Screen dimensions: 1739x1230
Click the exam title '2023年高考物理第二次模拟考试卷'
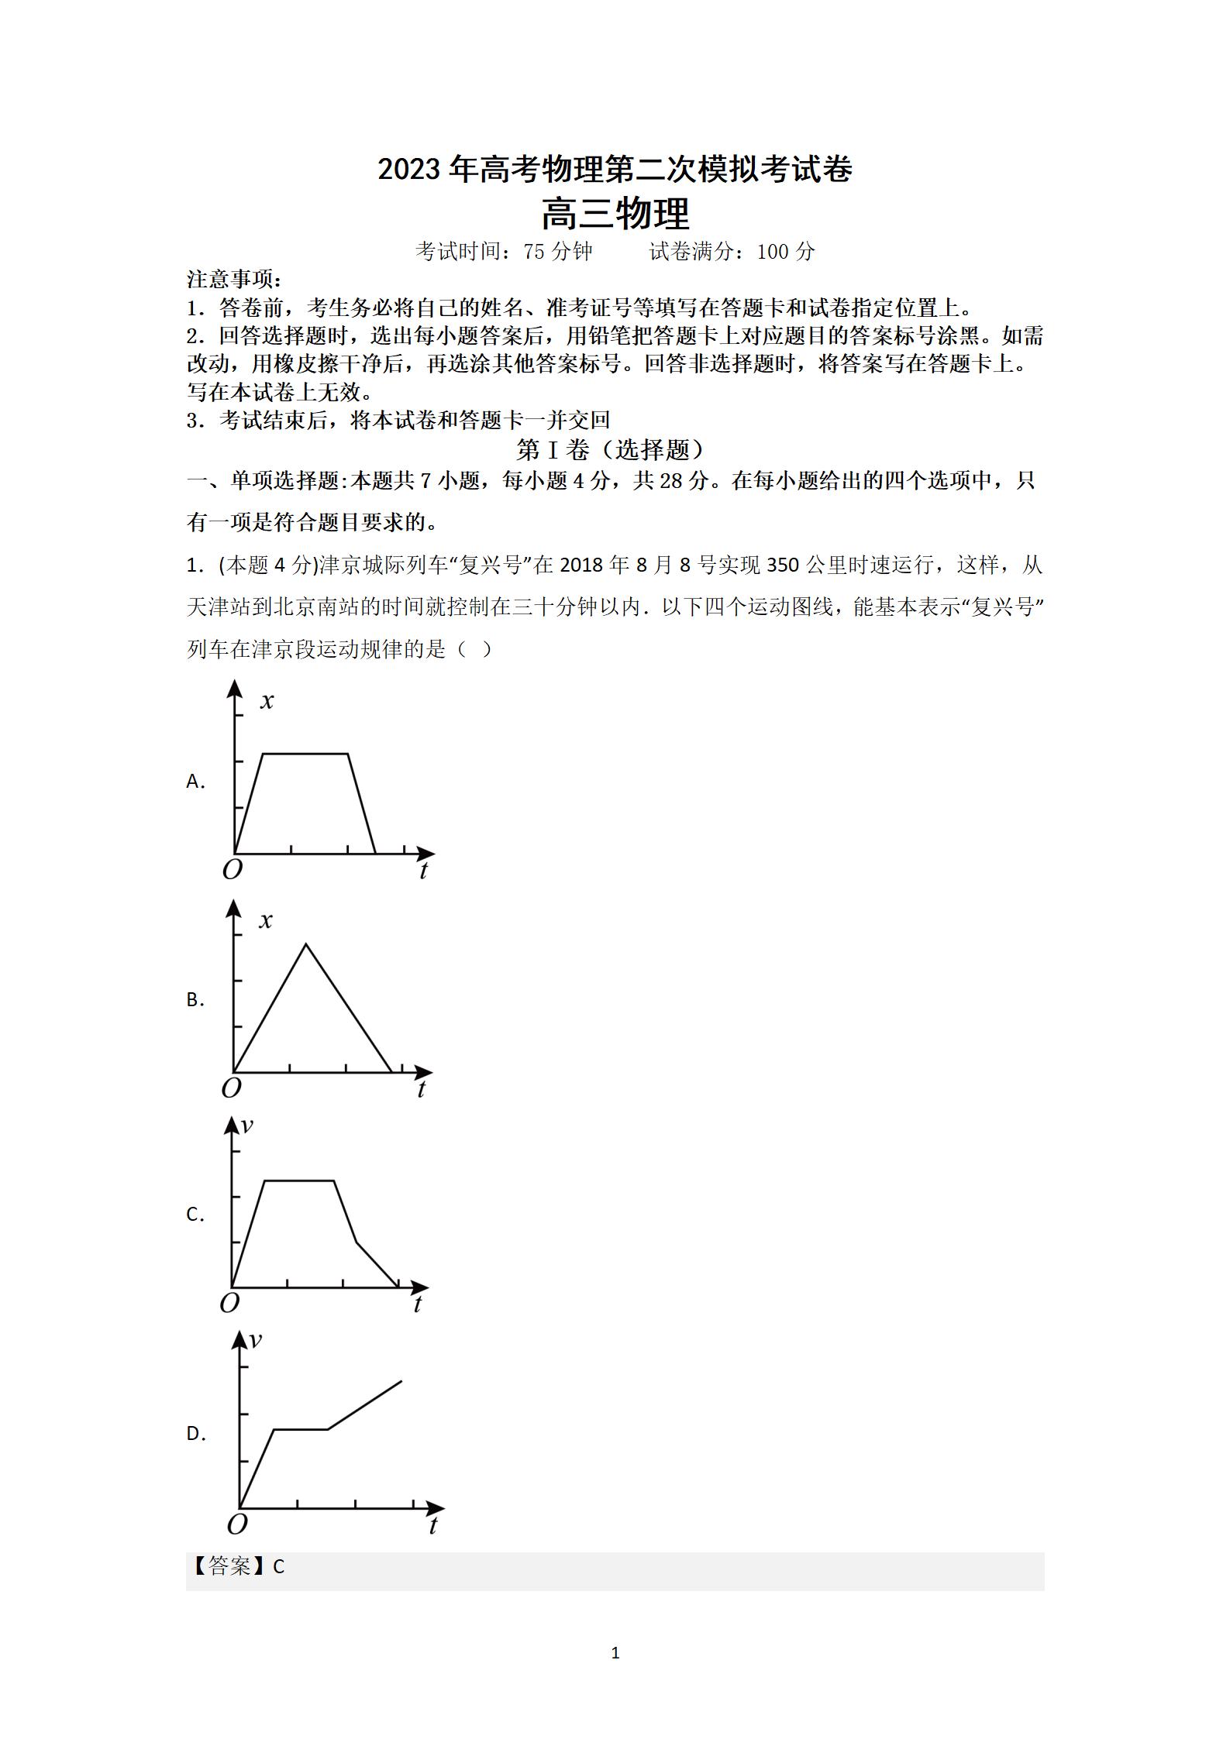[x=615, y=170]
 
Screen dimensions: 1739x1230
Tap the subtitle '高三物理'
[x=615, y=215]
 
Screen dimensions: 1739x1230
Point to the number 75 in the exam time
[x=534, y=252]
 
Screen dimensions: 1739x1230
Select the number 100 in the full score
[x=772, y=252]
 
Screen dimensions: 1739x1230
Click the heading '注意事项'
[x=234, y=279]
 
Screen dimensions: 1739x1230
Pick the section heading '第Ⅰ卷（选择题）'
[x=612, y=450]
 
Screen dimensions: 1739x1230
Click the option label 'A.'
[x=195, y=782]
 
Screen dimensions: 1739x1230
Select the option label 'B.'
[x=195, y=1000]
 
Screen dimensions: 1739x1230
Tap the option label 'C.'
[x=195, y=1215]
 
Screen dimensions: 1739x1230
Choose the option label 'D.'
[x=196, y=1434]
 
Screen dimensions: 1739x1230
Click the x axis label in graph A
[x=267, y=702]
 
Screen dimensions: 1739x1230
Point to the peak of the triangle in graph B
[x=307, y=944]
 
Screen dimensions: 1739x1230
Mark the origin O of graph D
[x=237, y=1524]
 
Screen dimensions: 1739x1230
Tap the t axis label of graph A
[x=423, y=871]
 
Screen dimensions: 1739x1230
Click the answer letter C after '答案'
[x=279, y=1567]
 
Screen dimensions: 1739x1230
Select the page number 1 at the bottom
[x=615, y=1653]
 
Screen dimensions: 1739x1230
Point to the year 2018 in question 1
[x=581, y=565]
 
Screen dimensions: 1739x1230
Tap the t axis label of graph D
[x=432, y=1526]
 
